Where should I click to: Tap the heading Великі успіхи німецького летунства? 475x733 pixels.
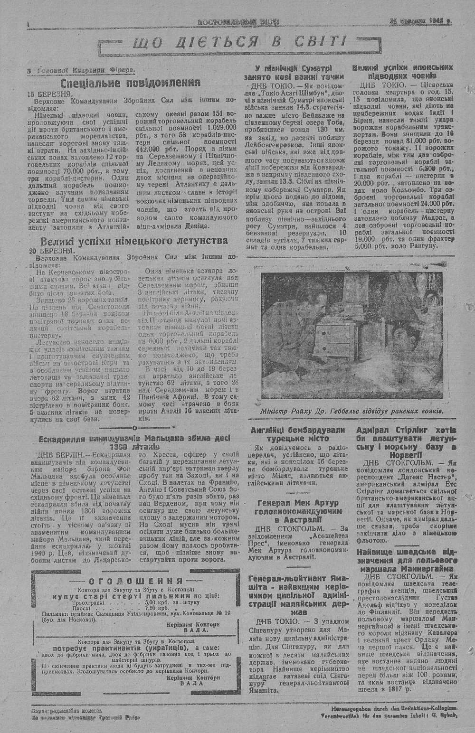click(x=134, y=241)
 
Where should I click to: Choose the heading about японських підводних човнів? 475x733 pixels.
click(x=402, y=72)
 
